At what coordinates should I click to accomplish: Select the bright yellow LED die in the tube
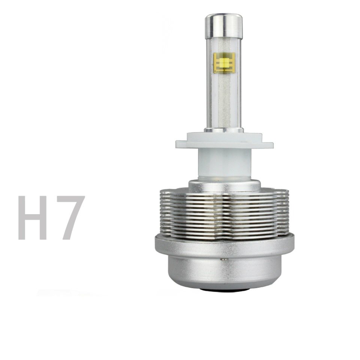point(224,62)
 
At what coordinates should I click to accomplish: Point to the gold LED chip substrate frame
point(224,63)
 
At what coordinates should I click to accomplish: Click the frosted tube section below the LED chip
point(224,101)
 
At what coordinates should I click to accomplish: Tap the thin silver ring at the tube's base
point(224,130)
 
